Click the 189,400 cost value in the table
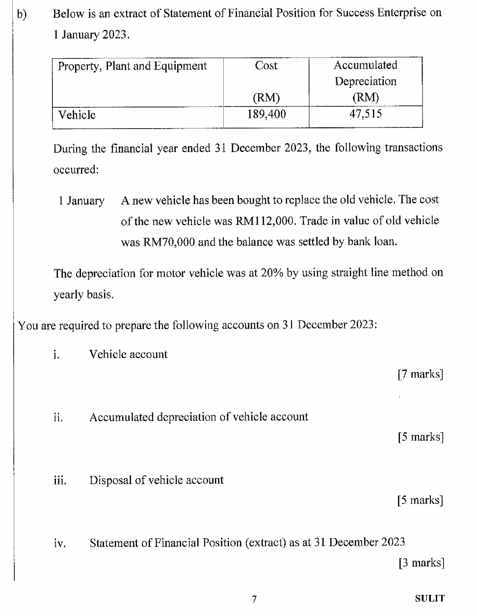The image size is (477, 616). (266, 115)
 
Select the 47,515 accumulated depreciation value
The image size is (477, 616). (365, 114)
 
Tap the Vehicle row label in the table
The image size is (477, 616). (77, 115)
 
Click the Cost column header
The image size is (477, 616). (266, 66)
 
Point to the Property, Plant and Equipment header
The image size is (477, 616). (132, 66)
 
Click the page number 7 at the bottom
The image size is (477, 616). (254, 599)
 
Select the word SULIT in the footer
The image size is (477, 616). (429, 598)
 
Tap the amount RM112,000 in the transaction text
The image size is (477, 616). (265, 221)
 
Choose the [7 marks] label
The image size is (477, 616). (421, 375)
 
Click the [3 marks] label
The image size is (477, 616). (421, 563)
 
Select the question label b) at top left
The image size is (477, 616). (21, 14)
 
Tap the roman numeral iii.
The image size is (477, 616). (60, 481)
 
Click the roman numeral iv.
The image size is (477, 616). (60, 543)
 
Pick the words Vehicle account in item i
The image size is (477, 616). (128, 355)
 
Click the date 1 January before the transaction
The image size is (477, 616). (81, 201)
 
